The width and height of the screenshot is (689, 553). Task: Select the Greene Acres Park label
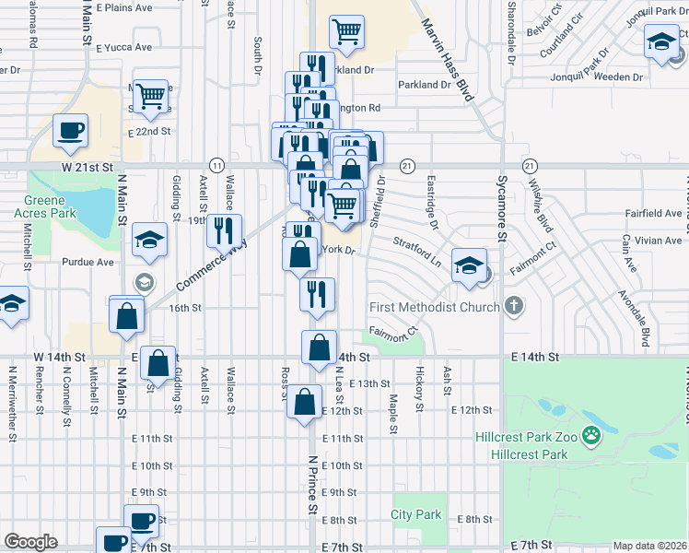pos(45,207)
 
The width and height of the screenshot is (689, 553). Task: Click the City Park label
pos(416,514)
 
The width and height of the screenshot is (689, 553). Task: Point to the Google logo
pos(30,542)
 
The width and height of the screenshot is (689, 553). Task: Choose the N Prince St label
pos(312,485)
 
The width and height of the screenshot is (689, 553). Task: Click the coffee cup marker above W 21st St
pos(70,131)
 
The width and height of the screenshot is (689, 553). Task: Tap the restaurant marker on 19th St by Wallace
pos(224,230)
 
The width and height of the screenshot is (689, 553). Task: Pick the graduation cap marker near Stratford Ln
pos(469,265)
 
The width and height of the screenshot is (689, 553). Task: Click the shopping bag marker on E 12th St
pos(304,403)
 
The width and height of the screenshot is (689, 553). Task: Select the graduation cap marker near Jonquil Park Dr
pos(661,42)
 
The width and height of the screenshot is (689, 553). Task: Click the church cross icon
pos(515,305)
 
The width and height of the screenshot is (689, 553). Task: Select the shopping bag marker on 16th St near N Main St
pos(127,315)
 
